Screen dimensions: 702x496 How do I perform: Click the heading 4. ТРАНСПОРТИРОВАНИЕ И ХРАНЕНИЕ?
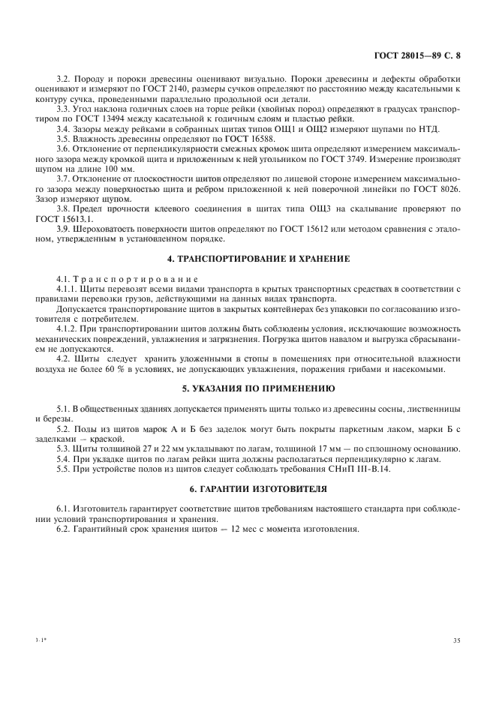coord(247,259)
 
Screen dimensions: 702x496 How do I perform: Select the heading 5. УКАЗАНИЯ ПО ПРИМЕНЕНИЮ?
coord(247,388)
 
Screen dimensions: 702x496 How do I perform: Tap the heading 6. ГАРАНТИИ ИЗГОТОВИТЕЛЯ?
coord(247,488)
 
